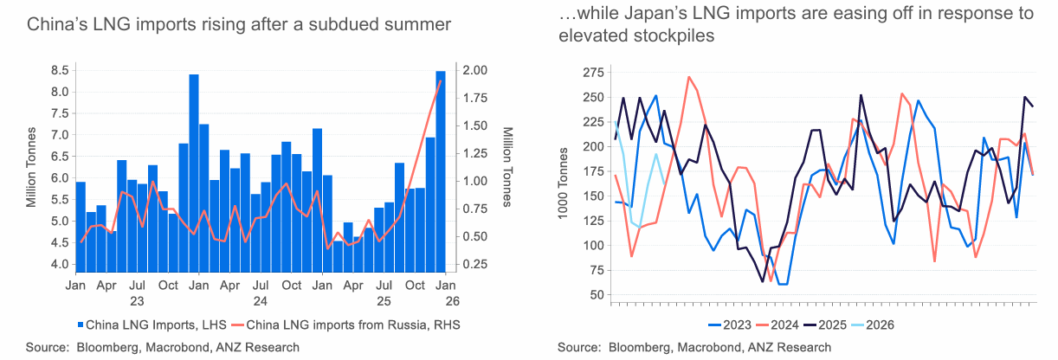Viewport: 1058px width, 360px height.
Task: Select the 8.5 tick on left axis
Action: tap(59, 70)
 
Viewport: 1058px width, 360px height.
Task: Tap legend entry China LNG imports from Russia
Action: tap(351, 325)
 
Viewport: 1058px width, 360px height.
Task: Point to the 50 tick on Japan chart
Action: tap(597, 296)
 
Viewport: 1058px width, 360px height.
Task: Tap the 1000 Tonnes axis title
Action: tap(564, 183)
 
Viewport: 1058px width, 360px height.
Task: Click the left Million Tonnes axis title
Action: tap(30, 169)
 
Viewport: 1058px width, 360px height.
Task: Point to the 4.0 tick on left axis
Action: tap(59, 264)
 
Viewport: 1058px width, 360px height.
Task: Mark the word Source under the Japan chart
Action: tap(578, 348)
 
